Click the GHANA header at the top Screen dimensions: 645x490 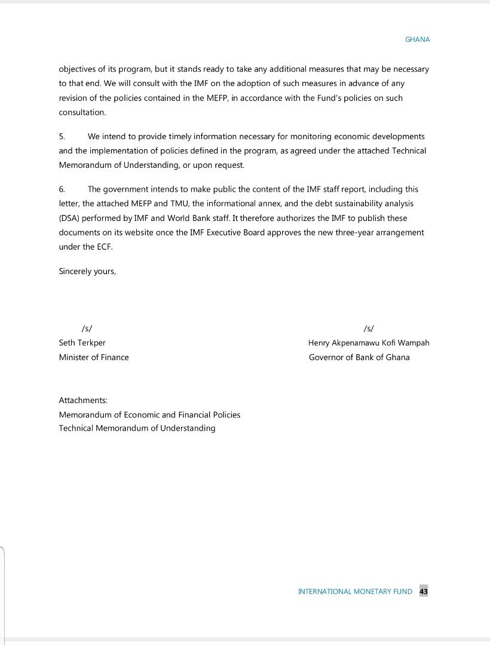click(x=417, y=39)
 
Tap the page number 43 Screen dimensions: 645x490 click(x=424, y=591)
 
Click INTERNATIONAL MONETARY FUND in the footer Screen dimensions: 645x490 click(x=355, y=591)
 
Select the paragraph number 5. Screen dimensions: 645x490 click(x=62, y=137)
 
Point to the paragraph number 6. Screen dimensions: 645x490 click(x=62, y=189)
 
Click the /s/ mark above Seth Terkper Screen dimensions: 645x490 click(x=87, y=328)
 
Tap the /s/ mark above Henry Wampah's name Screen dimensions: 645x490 click(x=369, y=328)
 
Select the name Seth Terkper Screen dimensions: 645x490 click(x=82, y=343)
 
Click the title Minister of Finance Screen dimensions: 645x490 click(x=94, y=357)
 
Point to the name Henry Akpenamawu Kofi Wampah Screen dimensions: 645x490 click(x=369, y=343)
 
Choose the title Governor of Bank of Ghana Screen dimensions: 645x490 click(x=359, y=357)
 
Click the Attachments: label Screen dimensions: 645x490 click(x=83, y=400)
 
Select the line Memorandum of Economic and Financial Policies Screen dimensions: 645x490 click(x=149, y=414)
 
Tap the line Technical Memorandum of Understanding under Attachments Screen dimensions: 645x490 click(x=137, y=428)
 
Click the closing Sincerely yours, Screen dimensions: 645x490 click(x=87, y=271)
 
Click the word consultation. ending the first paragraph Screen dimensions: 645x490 click(x=82, y=112)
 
